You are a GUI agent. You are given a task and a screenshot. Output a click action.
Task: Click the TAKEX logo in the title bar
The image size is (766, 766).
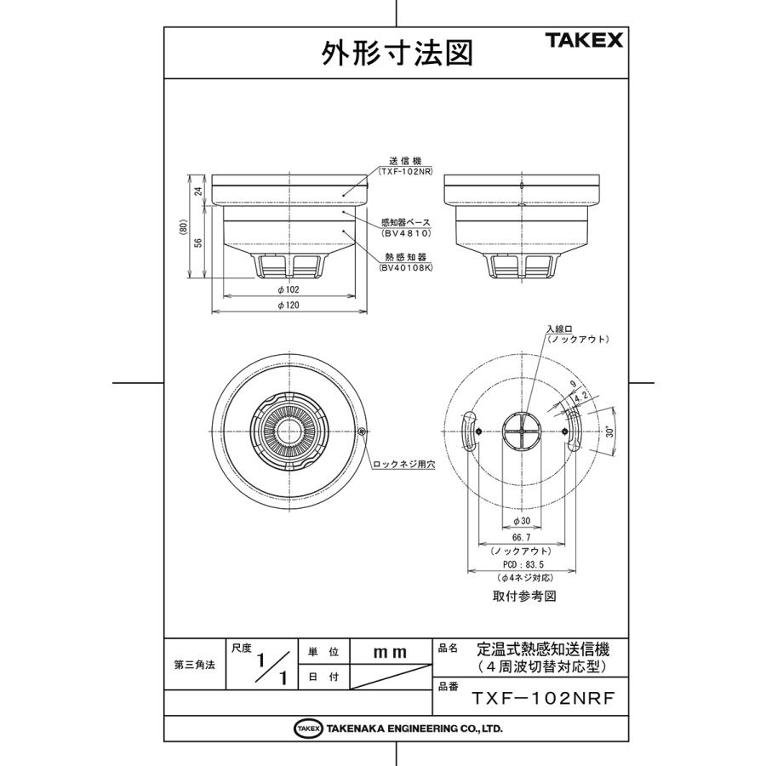tap(583, 40)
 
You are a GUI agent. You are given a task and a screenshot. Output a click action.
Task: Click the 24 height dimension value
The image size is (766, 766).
tap(198, 191)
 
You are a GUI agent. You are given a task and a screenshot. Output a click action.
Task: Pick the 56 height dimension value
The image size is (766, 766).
tap(198, 243)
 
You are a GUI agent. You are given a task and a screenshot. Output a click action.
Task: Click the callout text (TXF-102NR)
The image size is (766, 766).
tap(406, 171)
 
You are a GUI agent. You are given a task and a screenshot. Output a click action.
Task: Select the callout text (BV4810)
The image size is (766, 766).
tap(406, 232)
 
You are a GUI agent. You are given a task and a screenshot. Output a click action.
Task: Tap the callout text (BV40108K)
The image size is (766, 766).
tap(406, 266)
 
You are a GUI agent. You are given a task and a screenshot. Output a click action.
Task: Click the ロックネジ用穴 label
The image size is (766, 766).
tap(403, 464)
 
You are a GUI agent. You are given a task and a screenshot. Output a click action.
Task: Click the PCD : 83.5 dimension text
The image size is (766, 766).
tap(523, 564)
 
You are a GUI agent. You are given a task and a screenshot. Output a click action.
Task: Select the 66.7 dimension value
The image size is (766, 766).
tap(523, 538)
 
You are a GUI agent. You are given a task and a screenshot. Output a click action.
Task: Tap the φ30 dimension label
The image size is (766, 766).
tap(523, 520)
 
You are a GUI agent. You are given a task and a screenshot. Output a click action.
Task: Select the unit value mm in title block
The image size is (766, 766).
tap(391, 652)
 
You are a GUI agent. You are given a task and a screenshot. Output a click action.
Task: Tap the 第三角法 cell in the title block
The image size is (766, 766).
tap(194, 666)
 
